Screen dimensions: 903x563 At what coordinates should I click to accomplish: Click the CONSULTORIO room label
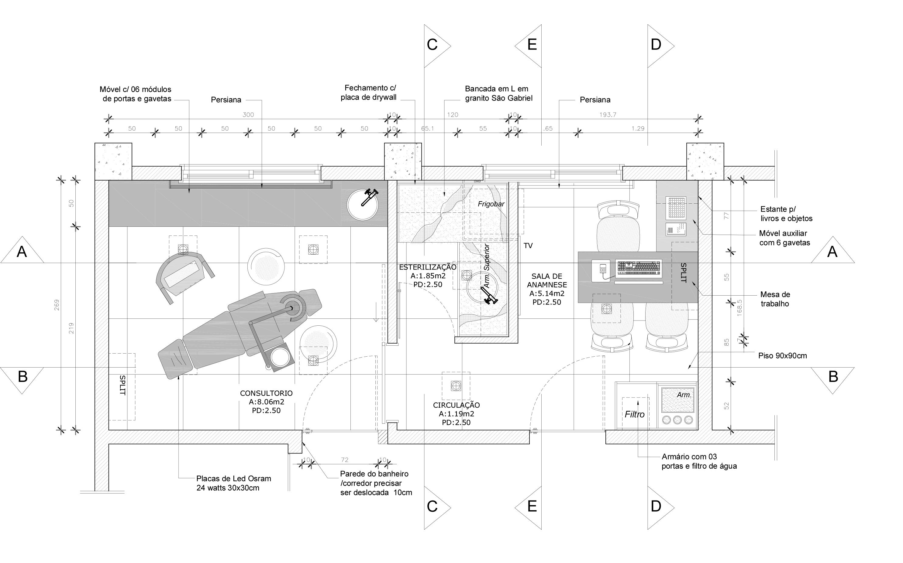266,393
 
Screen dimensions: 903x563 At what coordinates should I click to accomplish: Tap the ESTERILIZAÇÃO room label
428,267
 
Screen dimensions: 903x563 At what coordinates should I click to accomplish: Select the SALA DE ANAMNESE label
547,280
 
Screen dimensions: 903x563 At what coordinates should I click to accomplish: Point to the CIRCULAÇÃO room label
456,405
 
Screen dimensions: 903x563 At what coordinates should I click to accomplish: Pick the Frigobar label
491,204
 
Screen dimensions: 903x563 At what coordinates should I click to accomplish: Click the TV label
528,246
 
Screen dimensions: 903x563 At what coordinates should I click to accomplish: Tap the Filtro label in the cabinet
635,414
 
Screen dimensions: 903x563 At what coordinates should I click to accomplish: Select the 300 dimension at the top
248,115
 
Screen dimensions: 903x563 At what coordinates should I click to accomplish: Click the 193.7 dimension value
608,115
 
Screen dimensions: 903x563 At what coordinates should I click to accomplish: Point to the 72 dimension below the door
344,460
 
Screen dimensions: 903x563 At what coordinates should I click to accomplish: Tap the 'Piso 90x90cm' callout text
783,356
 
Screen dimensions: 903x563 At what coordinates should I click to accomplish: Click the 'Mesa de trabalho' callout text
775,299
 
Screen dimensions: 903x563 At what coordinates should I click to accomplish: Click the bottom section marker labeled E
528,507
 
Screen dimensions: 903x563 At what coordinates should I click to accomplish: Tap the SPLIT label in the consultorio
122,385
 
